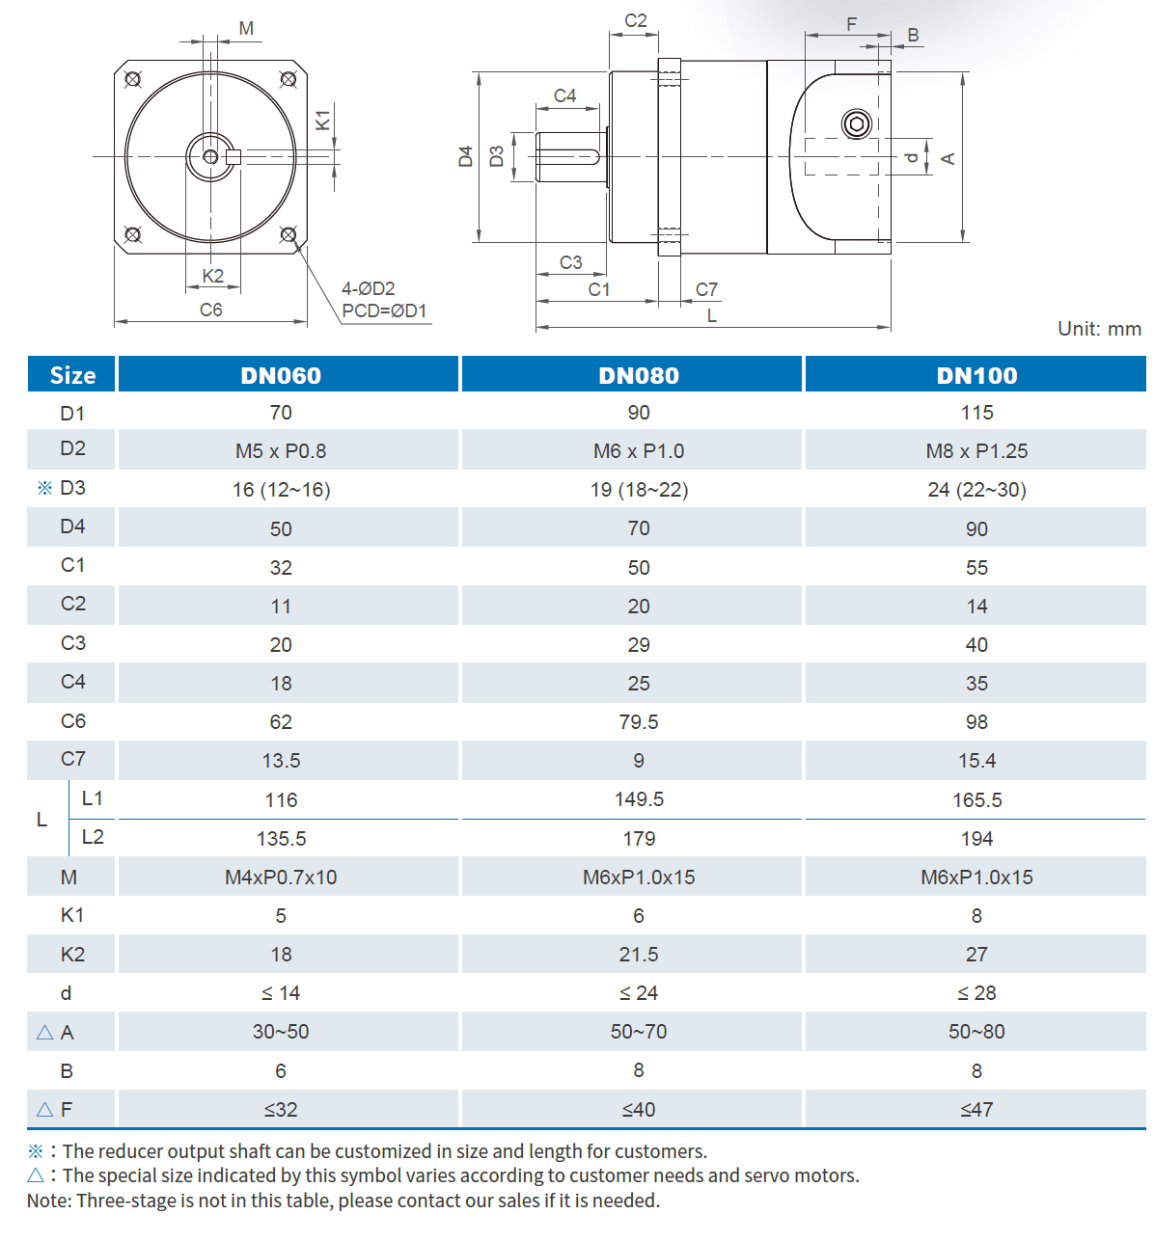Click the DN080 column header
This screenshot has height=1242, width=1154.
pos(638,375)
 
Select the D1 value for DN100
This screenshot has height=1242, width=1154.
pos(976,413)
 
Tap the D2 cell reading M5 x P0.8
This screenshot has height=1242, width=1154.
pos(281,451)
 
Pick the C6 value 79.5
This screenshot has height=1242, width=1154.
pos(638,722)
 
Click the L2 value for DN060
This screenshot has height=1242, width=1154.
pos(281,839)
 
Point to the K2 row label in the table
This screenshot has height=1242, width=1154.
pos(72,955)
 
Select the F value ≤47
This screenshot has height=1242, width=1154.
pos(976,1110)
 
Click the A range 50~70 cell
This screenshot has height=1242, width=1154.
pos(638,1032)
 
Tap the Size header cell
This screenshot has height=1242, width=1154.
pos(72,375)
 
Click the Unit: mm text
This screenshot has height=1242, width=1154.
pos(1099,329)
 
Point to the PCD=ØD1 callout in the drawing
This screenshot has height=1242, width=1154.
pos(384,311)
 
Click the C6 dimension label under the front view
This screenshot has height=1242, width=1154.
pos(210,310)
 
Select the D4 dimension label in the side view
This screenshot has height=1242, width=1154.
pos(466,156)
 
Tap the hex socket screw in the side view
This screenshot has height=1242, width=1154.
pos(857,124)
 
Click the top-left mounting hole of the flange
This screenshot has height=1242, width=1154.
pos(133,79)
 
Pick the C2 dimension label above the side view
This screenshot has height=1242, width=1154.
pos(635,21)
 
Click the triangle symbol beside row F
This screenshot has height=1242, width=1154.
pos(44,1110)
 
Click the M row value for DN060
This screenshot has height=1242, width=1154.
pos(281,877)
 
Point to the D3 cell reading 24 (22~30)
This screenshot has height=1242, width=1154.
pos(976,490)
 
